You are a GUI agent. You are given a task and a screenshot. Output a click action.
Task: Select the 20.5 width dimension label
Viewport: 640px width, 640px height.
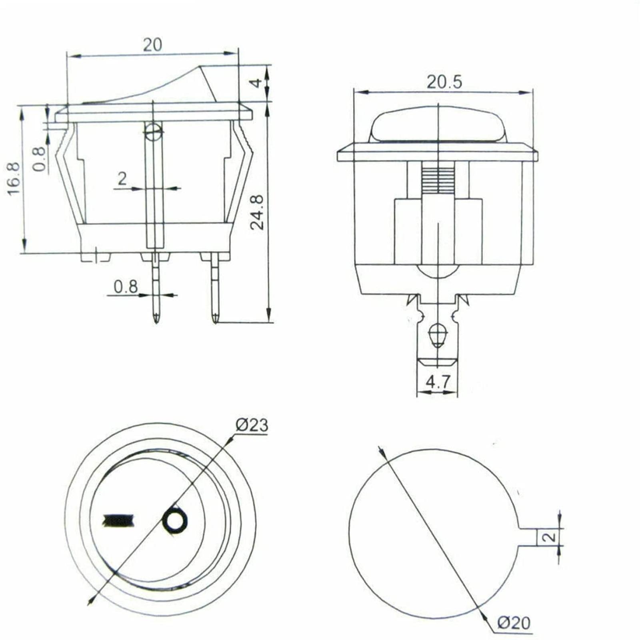(x=444, y=82)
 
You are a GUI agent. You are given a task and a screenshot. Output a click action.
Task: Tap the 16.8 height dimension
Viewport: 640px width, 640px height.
(x=14, y=178)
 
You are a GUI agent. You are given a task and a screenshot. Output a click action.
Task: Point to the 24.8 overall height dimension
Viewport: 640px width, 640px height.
(x=257, y=212)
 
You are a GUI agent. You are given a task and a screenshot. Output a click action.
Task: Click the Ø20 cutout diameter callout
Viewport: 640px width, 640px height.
(x=514, y=623)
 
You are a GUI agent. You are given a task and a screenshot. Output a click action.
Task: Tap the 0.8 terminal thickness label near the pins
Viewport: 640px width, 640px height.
(x=126, y=287)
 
